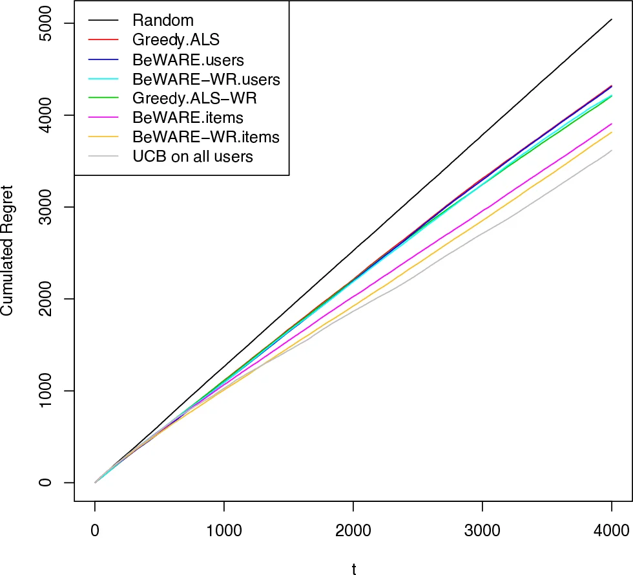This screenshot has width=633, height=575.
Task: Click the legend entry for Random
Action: (163, 21)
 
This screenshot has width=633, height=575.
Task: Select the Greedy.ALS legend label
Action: (176, 40)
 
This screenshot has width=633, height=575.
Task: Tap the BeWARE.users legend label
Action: (188, 60)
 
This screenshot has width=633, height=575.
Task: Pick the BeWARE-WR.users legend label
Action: (206, 80)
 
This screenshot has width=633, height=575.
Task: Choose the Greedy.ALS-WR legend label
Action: (194, 98)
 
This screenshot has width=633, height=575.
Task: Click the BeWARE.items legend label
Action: (187, 118)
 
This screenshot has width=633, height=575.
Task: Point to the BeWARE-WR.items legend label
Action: (205, 137)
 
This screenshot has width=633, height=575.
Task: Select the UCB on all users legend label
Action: (192, 156)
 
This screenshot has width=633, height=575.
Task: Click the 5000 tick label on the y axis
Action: (52, 23)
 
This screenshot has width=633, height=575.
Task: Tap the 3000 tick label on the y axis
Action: (52, 207)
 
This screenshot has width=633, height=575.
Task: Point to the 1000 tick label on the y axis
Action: (52, 391)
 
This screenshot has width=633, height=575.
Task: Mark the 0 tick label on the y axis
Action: (52, 483)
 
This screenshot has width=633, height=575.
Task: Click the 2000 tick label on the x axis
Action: (353, 532)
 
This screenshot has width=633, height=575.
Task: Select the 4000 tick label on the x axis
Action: (612, 532)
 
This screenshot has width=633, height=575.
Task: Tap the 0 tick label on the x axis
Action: (95, 532)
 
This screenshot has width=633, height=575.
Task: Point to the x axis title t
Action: (353, 568)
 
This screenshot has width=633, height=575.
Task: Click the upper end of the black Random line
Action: (612, 19)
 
